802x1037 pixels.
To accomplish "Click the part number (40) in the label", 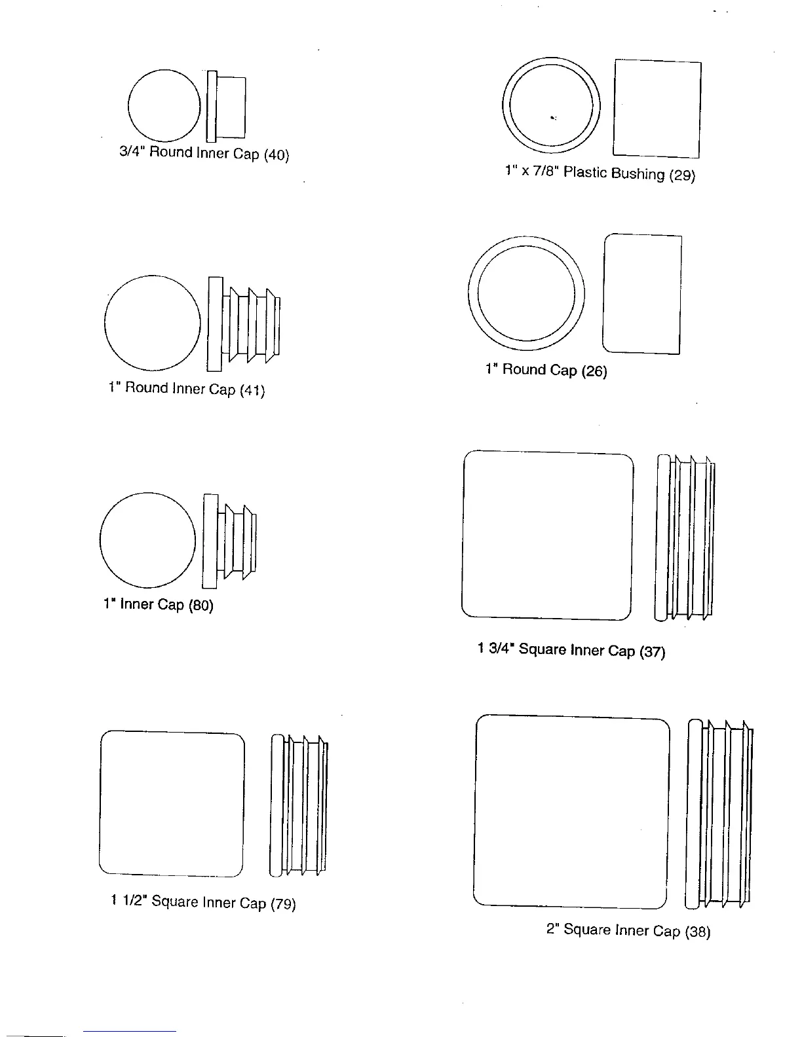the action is pos(276,156).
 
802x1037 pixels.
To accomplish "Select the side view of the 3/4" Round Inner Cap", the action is pos(227,107).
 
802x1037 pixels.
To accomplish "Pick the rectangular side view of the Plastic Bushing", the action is pos(657,109).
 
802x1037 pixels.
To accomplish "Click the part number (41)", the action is pos(252,391).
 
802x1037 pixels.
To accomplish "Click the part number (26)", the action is pos(594,371).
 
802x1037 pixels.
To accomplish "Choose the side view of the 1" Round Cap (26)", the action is pos(642,293).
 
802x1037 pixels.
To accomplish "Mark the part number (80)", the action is pos(201,606).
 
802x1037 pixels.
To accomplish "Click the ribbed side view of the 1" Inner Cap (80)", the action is pos(230,541).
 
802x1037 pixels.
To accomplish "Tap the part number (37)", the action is pos(653,652).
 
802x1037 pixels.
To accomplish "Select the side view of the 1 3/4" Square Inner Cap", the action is pos(685,536).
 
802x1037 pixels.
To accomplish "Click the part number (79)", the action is pos(283,905).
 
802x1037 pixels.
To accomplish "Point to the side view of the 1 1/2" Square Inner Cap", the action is pos(298,805).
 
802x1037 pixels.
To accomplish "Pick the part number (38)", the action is pos(698,932).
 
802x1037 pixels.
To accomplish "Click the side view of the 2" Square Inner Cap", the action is pos(719,814).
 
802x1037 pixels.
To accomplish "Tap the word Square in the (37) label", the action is pos(543,650).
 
